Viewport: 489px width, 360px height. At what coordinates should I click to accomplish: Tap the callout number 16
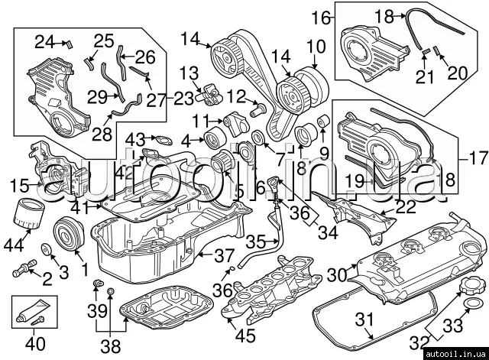(322, 16)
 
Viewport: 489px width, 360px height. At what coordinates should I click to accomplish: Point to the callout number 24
(46, 41)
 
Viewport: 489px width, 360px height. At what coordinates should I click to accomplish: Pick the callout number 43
(135, 138)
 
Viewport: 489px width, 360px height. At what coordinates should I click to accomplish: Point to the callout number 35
(255, 242)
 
